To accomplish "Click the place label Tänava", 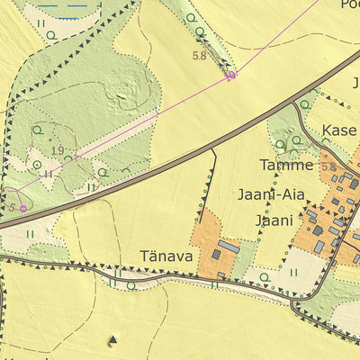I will (x=166, y=256).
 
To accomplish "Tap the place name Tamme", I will (x=286, y=166).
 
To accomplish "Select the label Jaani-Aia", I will (x=271, y=193).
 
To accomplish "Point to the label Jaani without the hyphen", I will (x=274, y=220).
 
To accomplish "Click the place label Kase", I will (x=339, y=130).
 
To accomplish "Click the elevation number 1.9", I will (x=58, y=150).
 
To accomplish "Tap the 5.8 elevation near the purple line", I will (x=200, y=56).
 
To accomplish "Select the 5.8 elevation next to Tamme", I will (x=328, y=167).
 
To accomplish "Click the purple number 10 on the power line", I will (x=230, y=76).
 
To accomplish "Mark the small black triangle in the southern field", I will (x=112, y=339).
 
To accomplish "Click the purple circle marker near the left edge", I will (x=23, y=208).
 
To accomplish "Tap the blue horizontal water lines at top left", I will (x=63, y=4).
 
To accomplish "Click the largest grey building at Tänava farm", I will (x=229, y=246).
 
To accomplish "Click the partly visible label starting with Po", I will (x=349, y=4).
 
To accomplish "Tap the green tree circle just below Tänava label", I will (x=131, y=285).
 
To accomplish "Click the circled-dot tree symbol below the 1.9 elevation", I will (x=37, y=165).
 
